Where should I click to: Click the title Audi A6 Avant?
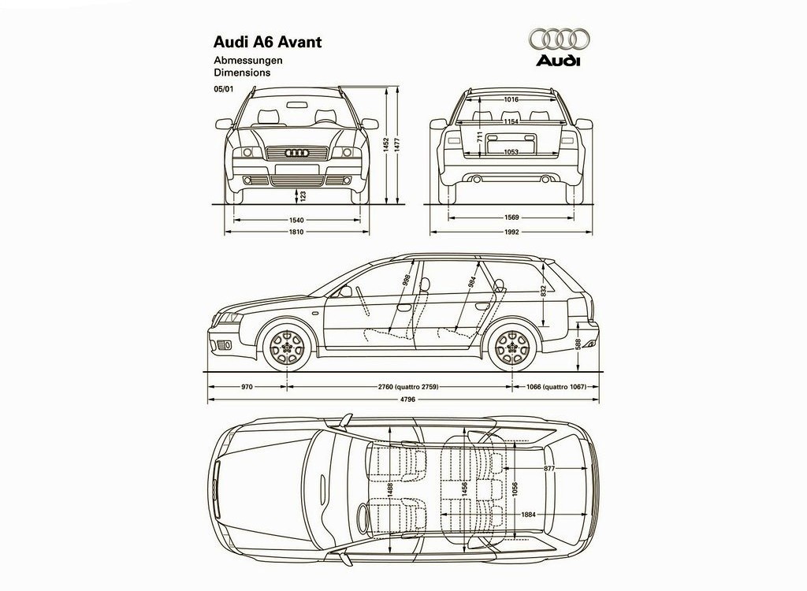(x=268, y=43)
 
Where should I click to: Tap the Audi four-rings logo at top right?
(x=559, y=39)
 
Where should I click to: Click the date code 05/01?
(x=223, y=89)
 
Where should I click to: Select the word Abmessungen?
(x=248, y=60)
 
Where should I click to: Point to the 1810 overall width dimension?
(x=296, y=232)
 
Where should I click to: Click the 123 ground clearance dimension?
(x=303, y=195)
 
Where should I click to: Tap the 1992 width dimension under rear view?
(x=511, y=232)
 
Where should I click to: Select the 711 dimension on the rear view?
(x=480, y=136)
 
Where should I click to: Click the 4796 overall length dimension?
(x=407, y=400)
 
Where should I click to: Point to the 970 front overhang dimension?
(x=247, y=386)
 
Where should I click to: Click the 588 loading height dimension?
(x=578, y=344)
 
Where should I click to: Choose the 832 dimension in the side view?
(x=544, y=291)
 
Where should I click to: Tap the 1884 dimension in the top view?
(x=529, y=515)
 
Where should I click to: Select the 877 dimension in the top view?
(x=549, y=469)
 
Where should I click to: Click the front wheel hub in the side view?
(x=288, y=346)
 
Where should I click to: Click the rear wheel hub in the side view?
(x=512, y=346)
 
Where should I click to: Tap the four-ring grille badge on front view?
(x=297, y=153)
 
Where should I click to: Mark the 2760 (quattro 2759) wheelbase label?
(x=408, y=386)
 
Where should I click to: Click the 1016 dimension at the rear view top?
(x=511, y=99)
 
